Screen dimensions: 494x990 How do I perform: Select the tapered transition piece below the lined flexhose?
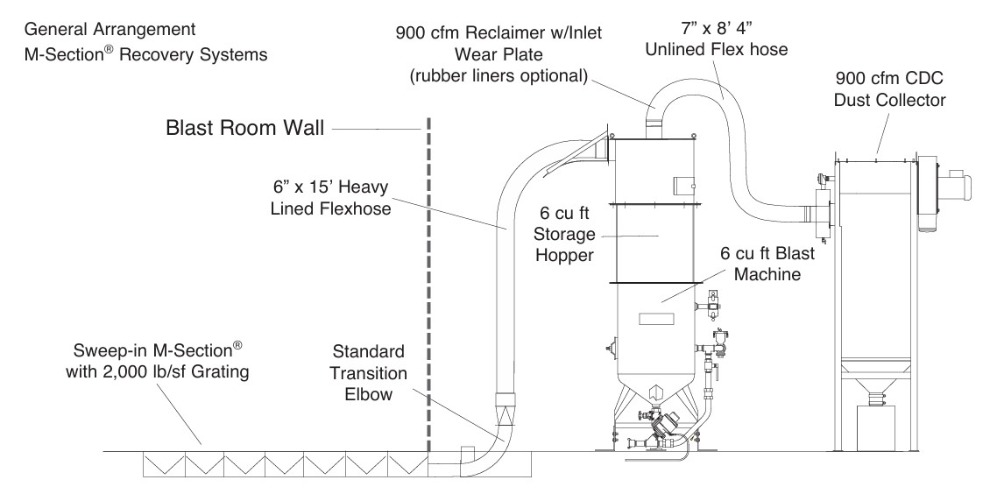click(x=506, y=411)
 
